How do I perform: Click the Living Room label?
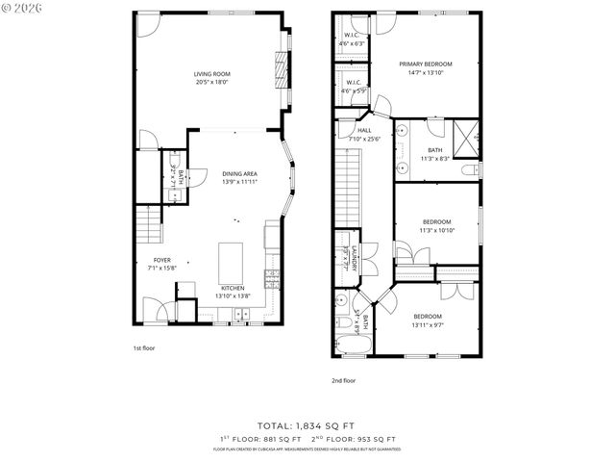click(x=212, y=78)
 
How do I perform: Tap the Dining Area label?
click(x=239, y=177)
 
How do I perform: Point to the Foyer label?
click(x=162, y=264)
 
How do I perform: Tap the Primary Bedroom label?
click(x=426, y=67)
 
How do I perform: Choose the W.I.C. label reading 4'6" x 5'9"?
click(x=353, y=87)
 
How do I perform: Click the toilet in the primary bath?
click(x=468, y=170)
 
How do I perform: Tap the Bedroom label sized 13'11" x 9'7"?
click(x=428, y=321)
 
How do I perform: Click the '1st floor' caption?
click(x=144, y=348)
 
